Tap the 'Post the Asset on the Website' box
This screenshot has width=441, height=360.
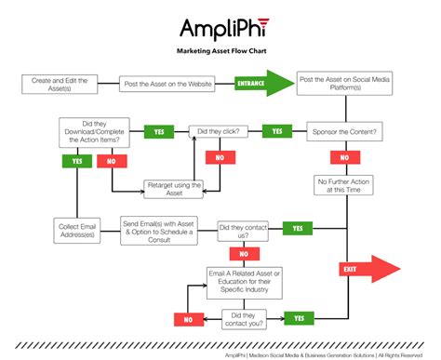tap(168, 85)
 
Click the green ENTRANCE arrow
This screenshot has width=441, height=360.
tap(252, 85)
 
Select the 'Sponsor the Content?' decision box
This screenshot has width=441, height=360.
tap(345, 131)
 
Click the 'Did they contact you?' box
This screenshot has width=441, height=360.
tap(244, 318)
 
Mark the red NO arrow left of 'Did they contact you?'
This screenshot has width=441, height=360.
tap(190, 318)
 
